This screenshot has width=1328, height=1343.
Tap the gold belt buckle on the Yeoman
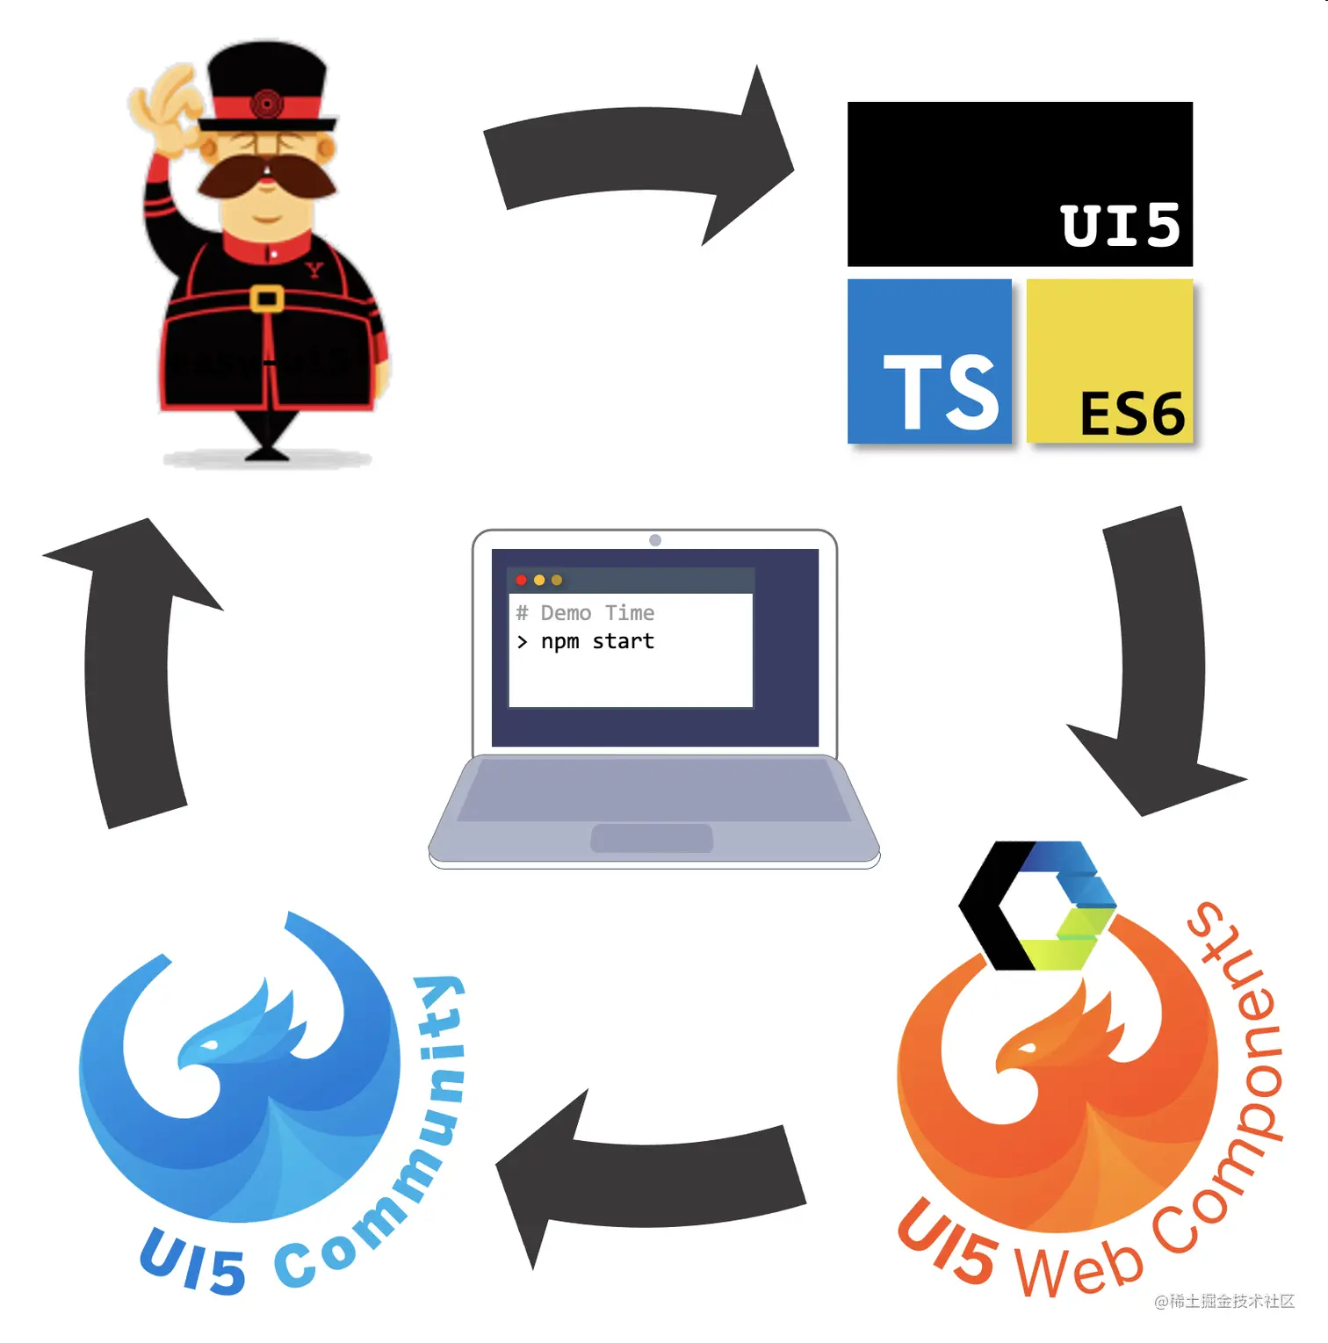pos(266,299)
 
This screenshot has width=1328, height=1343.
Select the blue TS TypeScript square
pos(929,361)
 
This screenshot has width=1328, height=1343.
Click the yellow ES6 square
pos(1109,361)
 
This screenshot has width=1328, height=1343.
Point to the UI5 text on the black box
pos(1120,226)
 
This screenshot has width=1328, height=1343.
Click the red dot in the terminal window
pos(521,580)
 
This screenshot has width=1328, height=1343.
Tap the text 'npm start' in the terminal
pos(597,642)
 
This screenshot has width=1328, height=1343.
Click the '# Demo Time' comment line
pos(585,613)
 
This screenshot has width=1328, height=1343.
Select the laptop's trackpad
pos(652,838)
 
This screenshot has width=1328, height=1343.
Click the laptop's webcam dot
pos(655,540)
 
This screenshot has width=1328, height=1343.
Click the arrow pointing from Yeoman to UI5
pos(641,154)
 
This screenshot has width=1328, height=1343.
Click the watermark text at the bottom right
pos(1224,1301)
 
